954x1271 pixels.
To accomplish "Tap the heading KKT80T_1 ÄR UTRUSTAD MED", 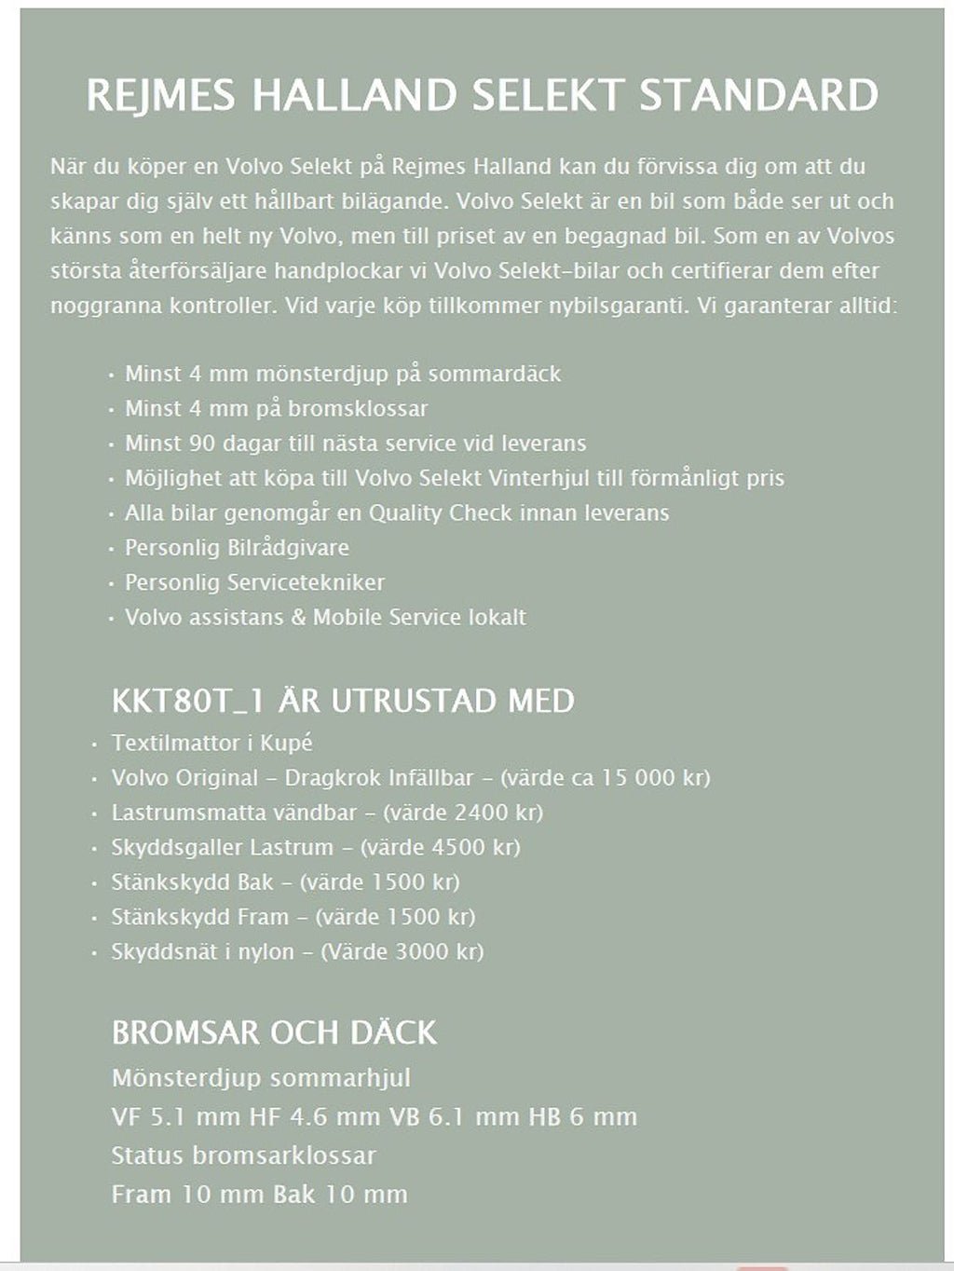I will (x=343, y=701).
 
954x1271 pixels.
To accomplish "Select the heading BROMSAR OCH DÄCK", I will (x=274, y=1032).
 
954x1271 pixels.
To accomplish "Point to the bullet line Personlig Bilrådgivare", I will (x=237, y=547).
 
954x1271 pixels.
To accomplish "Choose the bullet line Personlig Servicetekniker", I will (x=254, y=582).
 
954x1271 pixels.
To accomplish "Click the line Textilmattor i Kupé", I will (x=211, y=743).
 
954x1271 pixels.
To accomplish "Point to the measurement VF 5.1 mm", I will (x=176, y=1116).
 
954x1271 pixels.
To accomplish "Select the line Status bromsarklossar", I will (x=243, y=1155).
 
